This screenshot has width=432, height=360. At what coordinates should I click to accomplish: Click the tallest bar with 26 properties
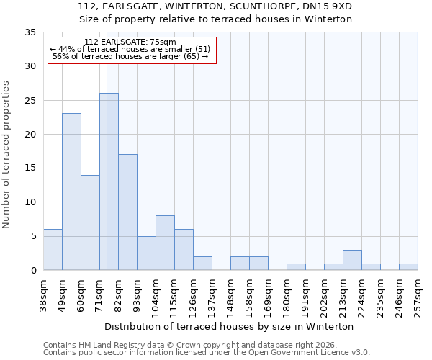(x=109, y=181)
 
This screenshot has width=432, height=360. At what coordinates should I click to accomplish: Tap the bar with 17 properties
(x=127, y=212)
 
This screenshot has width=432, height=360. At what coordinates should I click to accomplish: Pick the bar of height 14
(x=90, y=222)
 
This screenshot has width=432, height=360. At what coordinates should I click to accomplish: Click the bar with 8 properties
(x=165, y=243)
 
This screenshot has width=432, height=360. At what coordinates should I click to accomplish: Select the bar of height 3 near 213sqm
(x=352, y=260)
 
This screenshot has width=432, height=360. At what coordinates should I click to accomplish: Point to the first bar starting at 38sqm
(x=53, y=249)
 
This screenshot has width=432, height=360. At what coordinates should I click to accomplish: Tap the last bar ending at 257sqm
(x=408, y=266)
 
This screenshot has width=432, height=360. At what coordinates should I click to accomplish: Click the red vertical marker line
(x=107, y=158)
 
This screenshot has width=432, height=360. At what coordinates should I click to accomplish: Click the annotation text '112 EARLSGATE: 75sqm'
(x=130, y=42)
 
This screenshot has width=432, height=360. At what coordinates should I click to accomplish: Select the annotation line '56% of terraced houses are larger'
(x=130, y=56)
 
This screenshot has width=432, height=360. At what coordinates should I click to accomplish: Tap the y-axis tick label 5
(x=33, y=236)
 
